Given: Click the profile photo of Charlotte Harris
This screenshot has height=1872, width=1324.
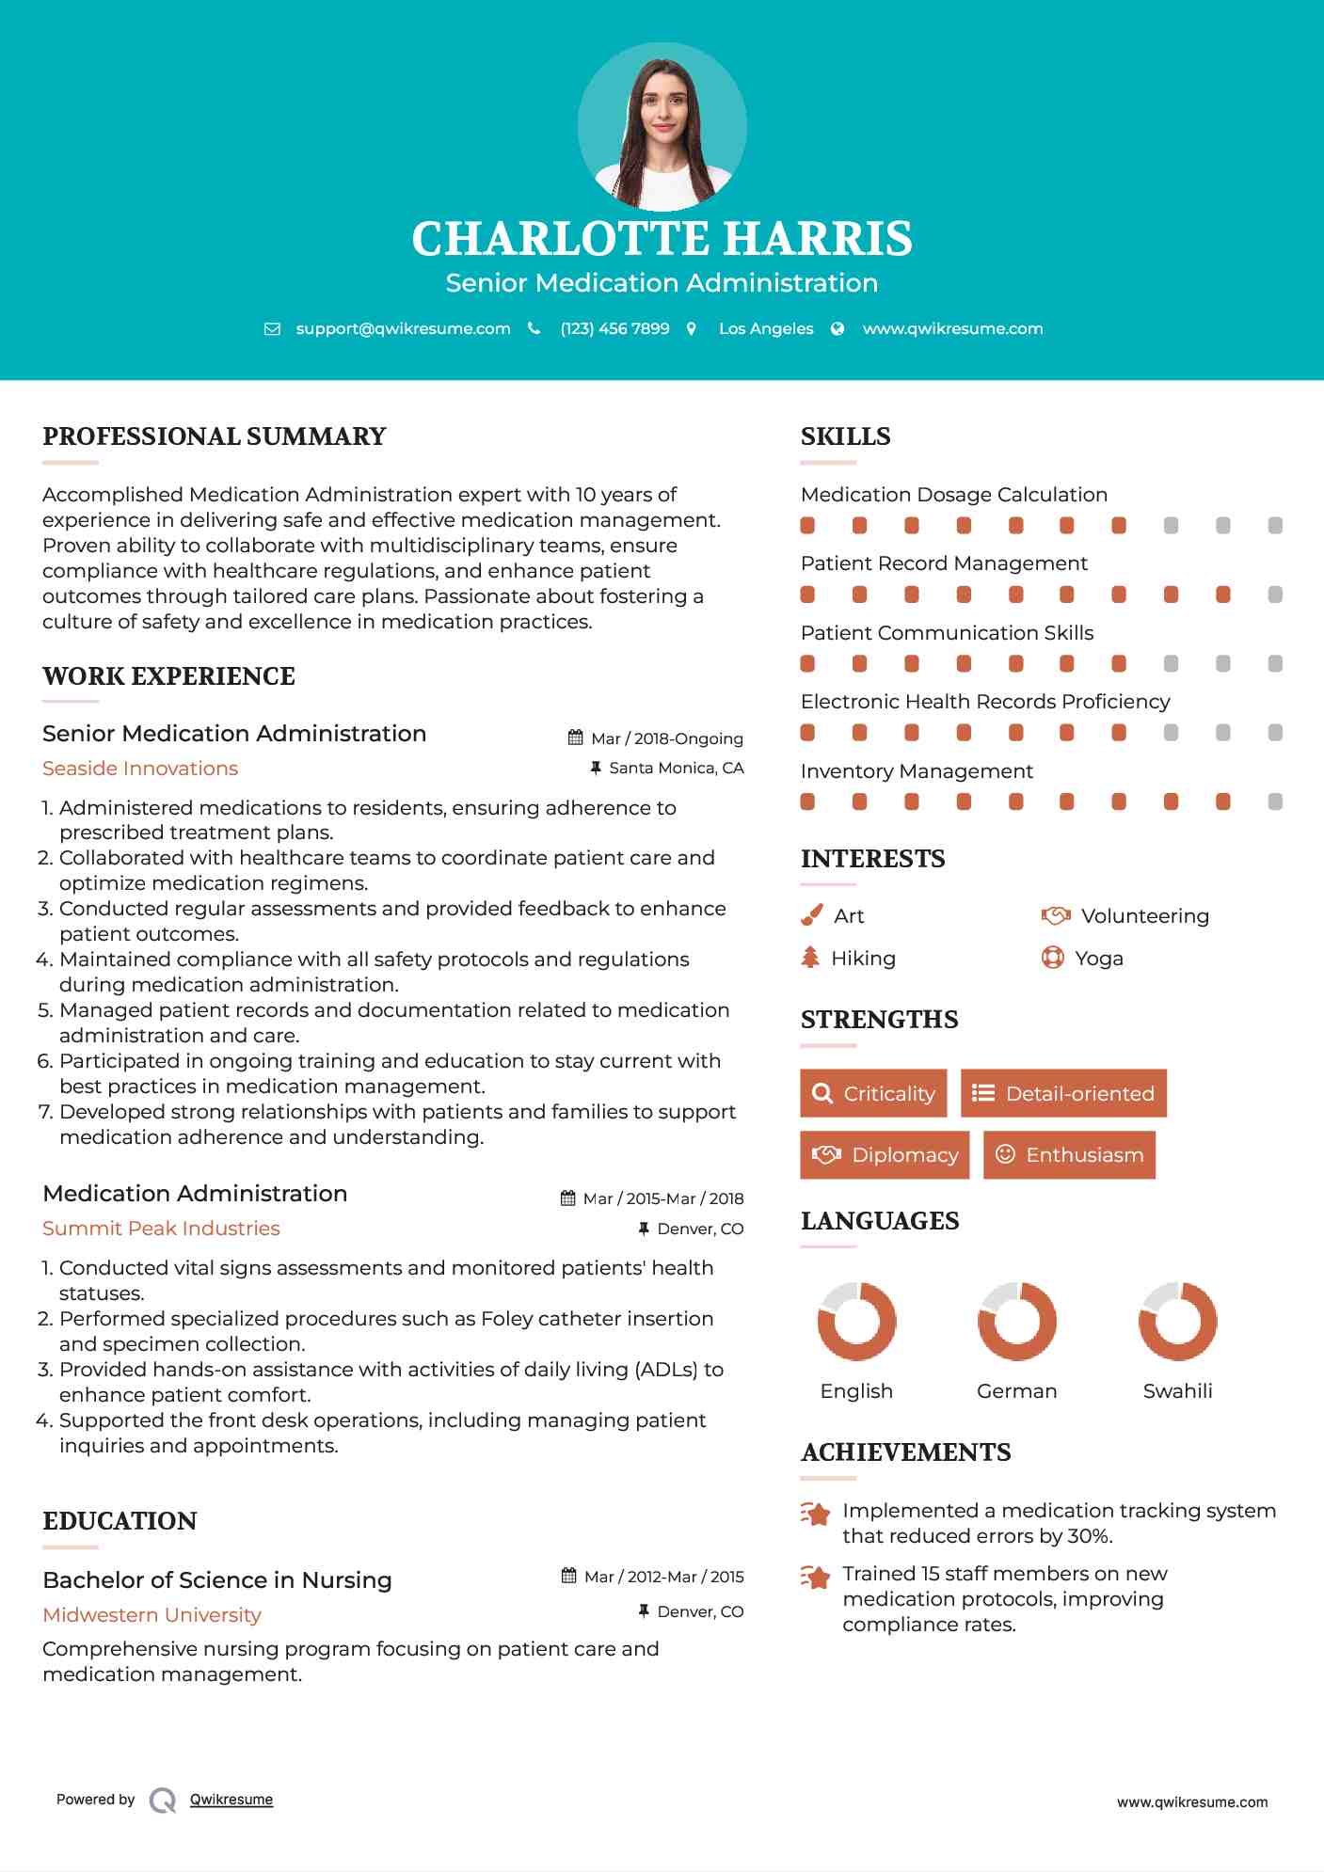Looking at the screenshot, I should [x=662, y=127].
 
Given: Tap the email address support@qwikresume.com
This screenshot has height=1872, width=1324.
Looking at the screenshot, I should [x=403, y=328].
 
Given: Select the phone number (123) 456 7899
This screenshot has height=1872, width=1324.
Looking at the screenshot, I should [x=614, y=328].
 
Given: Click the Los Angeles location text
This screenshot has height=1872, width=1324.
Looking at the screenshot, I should [x=766, y=328].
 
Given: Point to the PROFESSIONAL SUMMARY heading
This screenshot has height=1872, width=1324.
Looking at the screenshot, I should [x=215, y=436].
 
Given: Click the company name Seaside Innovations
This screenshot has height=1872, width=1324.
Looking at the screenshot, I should [x=140, y=769].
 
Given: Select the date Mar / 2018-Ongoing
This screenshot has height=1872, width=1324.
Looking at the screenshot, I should [x=666, y=738].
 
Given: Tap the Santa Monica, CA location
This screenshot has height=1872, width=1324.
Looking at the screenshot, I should [x=676, y=769].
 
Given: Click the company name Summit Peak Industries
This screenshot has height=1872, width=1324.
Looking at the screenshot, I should [x=161, y=1229].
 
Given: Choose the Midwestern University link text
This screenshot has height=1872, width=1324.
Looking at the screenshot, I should [x=152, y=1615].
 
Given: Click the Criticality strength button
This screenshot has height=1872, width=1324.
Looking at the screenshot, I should [x=873, y=1093].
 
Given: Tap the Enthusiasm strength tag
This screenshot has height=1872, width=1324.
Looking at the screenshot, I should [x=1069, y=1155].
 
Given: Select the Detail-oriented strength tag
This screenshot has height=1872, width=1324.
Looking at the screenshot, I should [x=1063, y=1093].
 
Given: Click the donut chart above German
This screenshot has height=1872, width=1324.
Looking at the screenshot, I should [x=1016, y=1321].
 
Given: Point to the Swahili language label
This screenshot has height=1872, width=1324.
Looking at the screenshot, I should [x=1177, y=1391].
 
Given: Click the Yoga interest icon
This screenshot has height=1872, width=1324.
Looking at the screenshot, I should [x=1052, y=958].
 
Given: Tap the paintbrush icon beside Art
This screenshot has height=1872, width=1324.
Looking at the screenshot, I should [x=811, y=915].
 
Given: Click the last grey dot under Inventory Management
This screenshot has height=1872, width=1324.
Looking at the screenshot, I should [x=1275, y=801].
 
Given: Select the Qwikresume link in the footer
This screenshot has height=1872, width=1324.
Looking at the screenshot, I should [x=231, y=1800].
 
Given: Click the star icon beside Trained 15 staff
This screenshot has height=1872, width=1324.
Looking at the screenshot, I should [x=816, y=1577].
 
